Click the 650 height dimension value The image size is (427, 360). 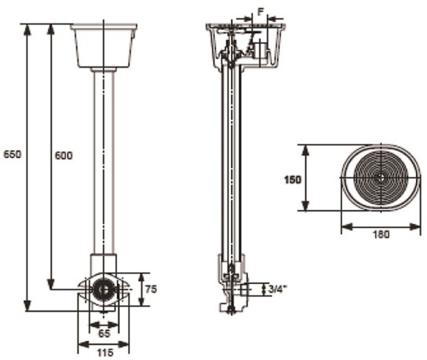(x=12, y=154)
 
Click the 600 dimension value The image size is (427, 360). (x=64, y=156)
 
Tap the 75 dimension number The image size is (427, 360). (x=151, y=289)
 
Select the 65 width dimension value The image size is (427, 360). (x=104, y=333)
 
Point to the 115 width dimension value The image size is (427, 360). (x=105, y=353)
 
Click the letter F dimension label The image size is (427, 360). (x=260, y=12)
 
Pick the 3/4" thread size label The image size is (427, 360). (x=278, y=289)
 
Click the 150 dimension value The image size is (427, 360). (x=293, y=179)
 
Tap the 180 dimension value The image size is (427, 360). (x=381, y=234)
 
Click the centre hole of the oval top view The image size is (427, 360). (x=381, y=178)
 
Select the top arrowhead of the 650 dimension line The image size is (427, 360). (x=27, y=29)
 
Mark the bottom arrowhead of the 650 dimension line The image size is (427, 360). (x=27, y=305)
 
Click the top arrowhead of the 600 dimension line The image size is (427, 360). (x=50, y=29)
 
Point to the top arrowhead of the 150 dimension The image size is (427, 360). (x=306, y=150)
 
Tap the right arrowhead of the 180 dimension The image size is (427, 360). (x=415, y=226)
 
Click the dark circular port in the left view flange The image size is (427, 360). (x=103, y=289)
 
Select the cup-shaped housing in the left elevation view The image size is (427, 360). (x=104, y=46)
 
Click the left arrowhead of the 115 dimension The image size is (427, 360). (x=83, y=344)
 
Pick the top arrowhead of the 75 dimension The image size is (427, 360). (x=141, y=278)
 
